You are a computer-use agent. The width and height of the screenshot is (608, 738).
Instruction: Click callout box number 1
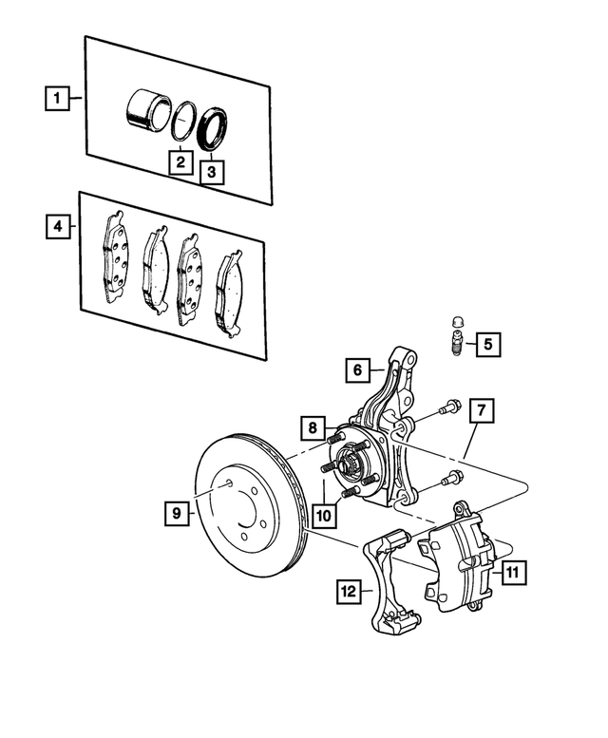click(x=58, y=98)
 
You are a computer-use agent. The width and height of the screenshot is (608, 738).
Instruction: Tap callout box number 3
click(x=212, y=171)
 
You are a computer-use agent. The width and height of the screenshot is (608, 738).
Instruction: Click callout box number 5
click(x=486, y=344)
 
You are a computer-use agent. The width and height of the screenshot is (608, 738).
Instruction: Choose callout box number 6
click(x=354, y=368)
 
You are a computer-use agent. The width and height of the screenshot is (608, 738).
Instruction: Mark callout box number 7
click(x=482, y=410)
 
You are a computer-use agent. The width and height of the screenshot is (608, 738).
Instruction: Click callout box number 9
click(x=175, y=513)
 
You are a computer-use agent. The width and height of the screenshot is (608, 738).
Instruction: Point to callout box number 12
click(x=346, y=592)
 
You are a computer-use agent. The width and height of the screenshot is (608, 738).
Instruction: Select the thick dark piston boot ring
click(x=214, y=130)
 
